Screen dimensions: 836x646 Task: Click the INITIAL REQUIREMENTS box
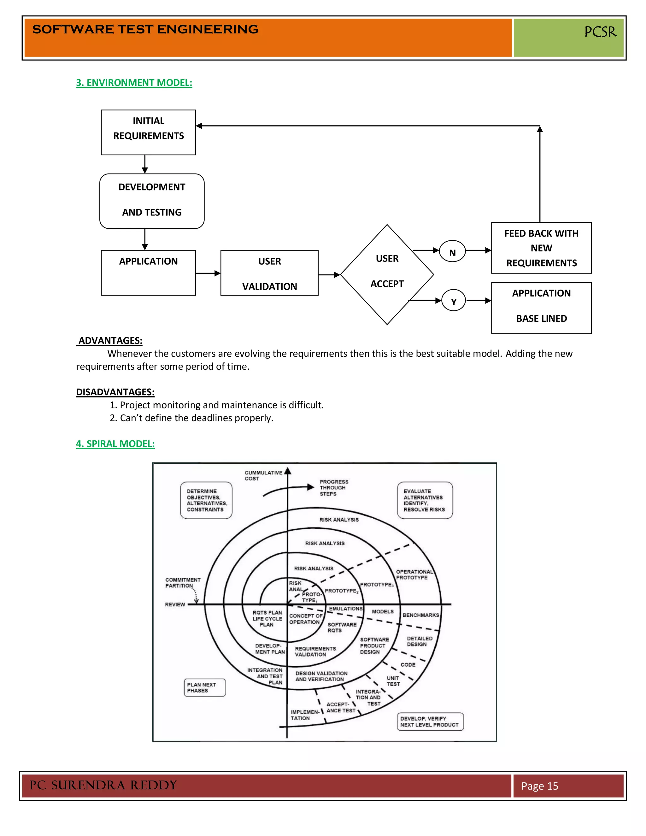[148, 132]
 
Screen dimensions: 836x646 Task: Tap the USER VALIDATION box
[269, 273]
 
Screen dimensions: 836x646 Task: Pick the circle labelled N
[452, 251]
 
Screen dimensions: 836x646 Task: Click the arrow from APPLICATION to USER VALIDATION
[208, 273]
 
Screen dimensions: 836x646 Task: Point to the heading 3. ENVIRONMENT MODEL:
[134, 83]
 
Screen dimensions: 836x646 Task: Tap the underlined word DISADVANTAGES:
[115, 392]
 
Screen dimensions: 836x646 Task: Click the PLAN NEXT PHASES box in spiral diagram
[204, 687]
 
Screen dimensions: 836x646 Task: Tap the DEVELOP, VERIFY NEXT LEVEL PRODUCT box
[430, 721]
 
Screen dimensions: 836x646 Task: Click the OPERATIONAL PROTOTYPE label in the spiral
[414, 574]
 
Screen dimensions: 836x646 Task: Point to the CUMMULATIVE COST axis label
[263, 475]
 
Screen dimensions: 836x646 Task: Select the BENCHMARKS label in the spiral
[420, 615]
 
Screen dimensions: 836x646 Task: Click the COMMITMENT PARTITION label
[183, 583]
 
